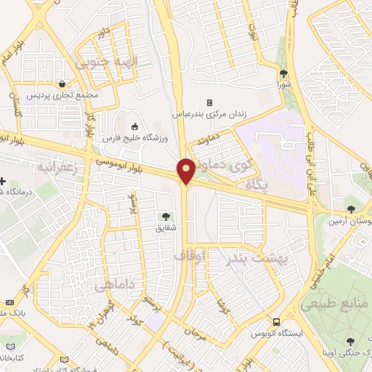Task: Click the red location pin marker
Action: (187, 171)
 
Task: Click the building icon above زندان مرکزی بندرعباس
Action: (209, 102)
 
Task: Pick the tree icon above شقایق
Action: (166, 216)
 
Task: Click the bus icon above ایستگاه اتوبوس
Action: (276, 322)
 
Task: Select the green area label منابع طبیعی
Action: (328, 300)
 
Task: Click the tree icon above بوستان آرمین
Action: (350, 209)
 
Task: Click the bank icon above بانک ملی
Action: (9, 302)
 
